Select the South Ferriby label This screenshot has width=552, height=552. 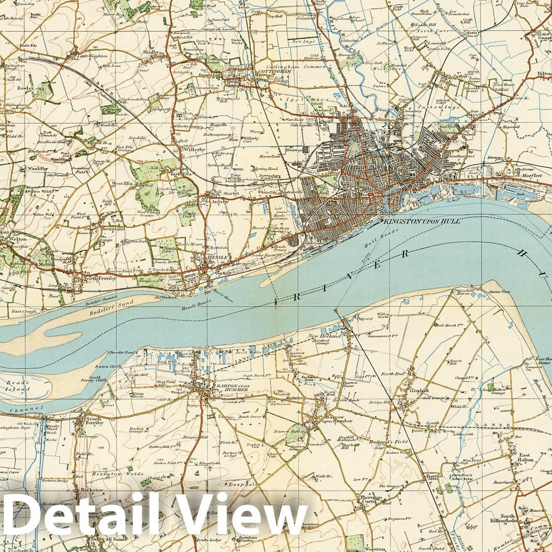point(94,421)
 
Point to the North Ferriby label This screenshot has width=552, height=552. point(98,279)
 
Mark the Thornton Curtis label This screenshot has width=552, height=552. point(371,500)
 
